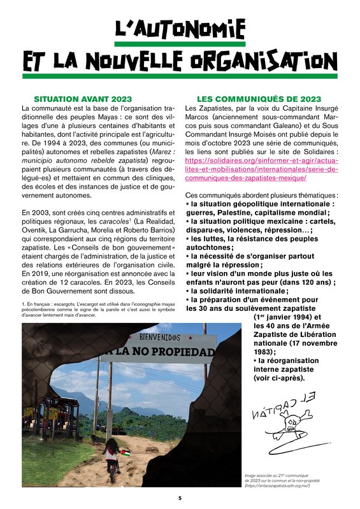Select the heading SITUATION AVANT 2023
(x=83, y=99)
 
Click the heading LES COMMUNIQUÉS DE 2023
(x=259, y=99)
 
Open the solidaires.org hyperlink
(x=261, y=170)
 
